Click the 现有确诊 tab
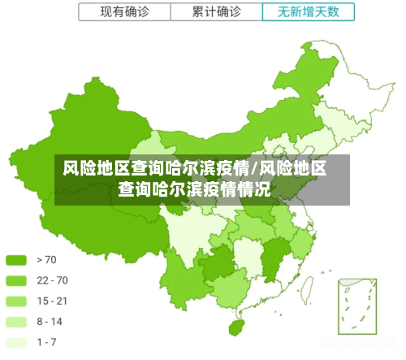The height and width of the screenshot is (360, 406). (124, 12)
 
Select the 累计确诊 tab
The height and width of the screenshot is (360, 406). (217, 12)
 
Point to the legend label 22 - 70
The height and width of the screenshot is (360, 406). (53, 280)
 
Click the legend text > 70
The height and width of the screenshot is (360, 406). (47, 260)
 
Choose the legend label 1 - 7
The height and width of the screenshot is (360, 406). (47, 342)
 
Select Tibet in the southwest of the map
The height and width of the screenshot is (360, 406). (89, 219)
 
